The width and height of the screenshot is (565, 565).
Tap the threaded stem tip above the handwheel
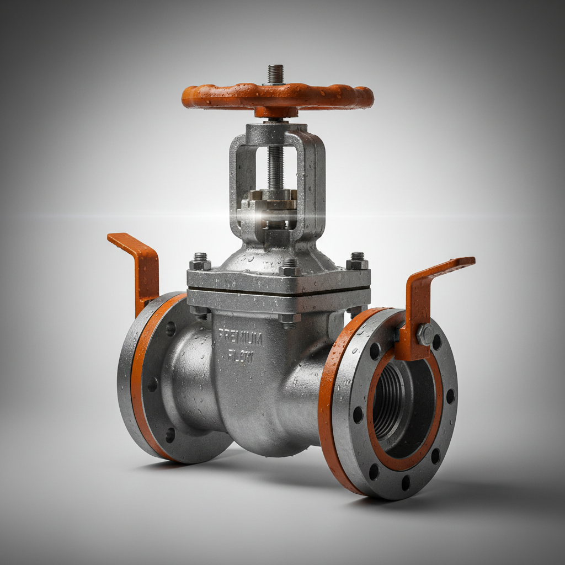click(275, 73)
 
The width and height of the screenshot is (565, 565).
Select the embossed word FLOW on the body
click(241, 356)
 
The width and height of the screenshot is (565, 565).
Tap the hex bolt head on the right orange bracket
click(424, 334)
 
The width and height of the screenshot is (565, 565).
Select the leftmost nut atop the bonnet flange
click(200, 262)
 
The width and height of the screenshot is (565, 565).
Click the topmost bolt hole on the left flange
click(170, 329)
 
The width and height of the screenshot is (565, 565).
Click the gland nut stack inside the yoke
click(273, 207)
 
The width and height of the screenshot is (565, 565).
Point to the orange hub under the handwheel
click(276, 112)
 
